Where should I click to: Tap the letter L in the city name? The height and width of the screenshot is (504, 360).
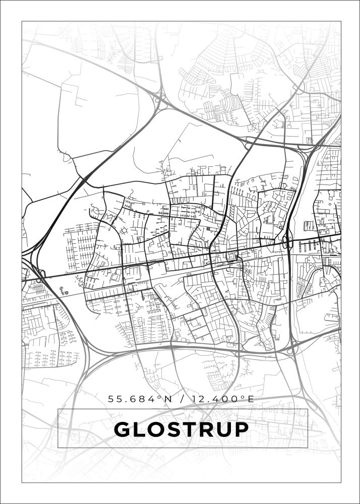[x=140, y=429]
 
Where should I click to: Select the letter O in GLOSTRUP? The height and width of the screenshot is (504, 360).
[x=158, y=429]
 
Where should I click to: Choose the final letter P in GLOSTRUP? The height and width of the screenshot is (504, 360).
[x=243, y=429]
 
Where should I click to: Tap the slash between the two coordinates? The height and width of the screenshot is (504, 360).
[x=182, y=399]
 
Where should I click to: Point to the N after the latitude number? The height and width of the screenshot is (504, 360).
[x=168, y=399]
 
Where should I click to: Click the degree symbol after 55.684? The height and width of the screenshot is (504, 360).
[x=160, y=397]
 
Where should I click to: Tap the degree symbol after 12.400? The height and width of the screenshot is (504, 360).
[x=243, y=397]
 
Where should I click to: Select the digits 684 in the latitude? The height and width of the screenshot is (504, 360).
[x=147, y=399]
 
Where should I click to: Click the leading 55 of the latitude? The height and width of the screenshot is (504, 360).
[x=114, y=399]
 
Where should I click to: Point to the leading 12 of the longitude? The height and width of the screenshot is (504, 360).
[x=198, y=399]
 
